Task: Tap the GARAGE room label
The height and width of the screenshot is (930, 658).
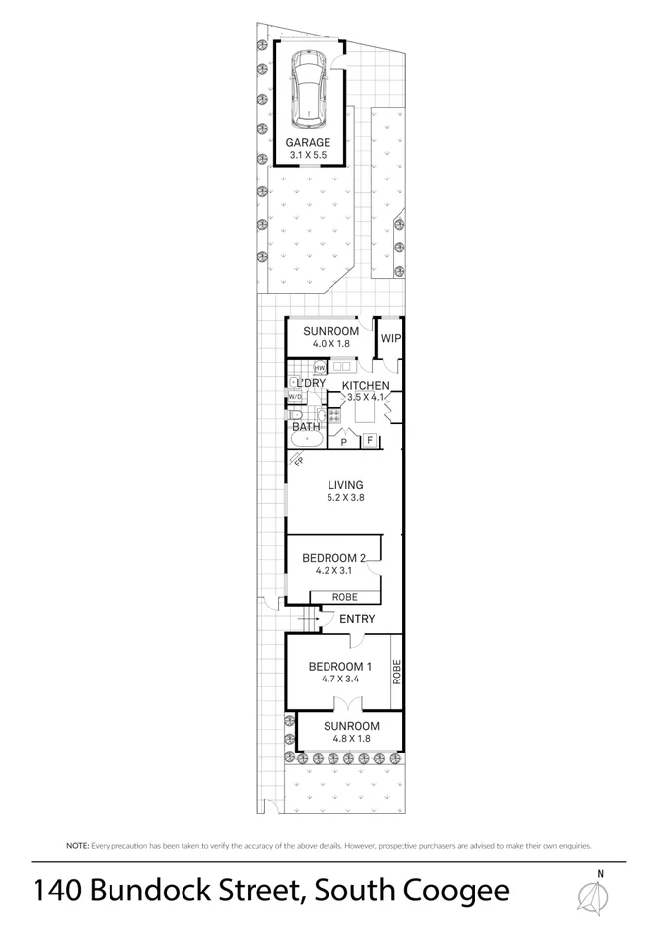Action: (309, 143)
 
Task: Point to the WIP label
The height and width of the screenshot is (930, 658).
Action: (390, 338)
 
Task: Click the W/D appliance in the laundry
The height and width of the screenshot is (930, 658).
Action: (295, 396)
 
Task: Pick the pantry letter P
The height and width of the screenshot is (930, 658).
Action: (343, 443)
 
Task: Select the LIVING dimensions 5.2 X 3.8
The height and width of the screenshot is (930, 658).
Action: (346, 498)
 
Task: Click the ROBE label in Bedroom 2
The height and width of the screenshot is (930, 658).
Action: (344, 597)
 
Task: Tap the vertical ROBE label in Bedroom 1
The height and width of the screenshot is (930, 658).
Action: (396, 673)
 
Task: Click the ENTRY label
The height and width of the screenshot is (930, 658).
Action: (356, 619)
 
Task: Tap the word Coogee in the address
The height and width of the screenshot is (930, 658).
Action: (459, 892)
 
